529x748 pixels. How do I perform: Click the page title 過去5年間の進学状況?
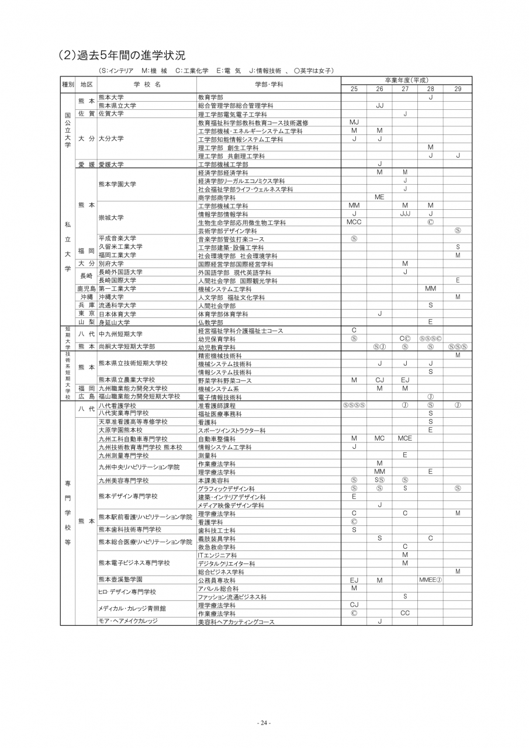point(122,56)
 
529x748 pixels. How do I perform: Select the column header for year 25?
point(354,88)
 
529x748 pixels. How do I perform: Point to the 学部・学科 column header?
point(269,84)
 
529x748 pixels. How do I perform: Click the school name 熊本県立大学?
point(117,106)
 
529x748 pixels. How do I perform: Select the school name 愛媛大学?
point(111,165)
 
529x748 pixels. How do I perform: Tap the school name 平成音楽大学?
point(117,238)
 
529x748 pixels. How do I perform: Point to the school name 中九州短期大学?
point(120,334)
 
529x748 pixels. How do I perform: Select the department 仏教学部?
point(210,322)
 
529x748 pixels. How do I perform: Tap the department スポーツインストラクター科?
point(231,430)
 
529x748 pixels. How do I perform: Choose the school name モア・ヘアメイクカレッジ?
point(128,621)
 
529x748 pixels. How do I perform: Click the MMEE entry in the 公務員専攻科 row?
point(430,580)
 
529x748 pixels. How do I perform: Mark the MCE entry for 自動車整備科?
point(404,438)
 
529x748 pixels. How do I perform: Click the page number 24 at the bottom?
point(264,723)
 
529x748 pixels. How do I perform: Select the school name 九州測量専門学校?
point(123,455)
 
